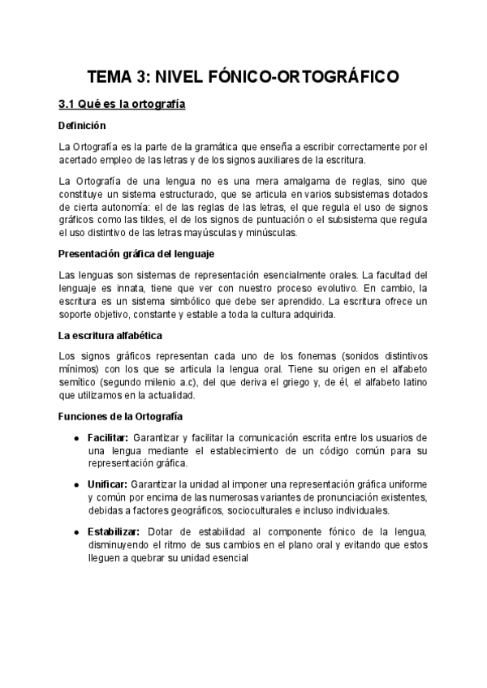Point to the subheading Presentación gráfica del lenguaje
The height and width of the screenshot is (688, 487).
pos(136,254)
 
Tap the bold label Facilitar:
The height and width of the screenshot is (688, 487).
pos(109,438)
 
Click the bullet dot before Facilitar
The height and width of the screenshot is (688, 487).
pos(75,438)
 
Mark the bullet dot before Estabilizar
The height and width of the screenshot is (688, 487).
pos(75,531)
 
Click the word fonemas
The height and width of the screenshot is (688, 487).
pos(282,356)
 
